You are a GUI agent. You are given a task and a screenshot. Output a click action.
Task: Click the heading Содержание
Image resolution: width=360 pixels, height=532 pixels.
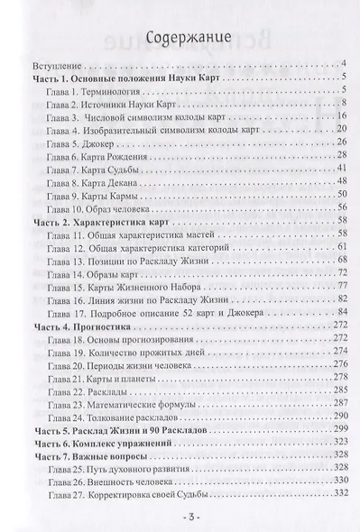[180, 38]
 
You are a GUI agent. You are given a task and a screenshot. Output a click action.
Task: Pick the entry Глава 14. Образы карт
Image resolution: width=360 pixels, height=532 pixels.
[96, 272]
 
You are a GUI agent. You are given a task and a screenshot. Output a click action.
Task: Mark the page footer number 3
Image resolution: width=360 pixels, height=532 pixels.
[180, 520]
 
